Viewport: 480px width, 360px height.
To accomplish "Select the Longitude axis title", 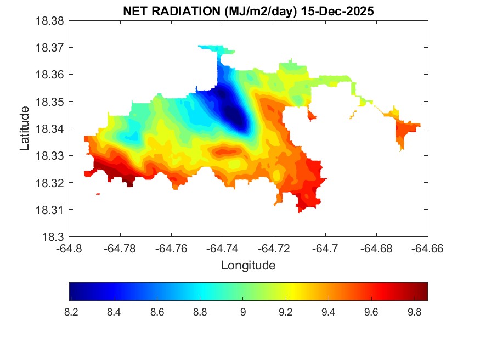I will pyautogui.click(x=248, y=266).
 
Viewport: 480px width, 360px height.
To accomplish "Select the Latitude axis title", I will pyautogui.click(x=25, y=128).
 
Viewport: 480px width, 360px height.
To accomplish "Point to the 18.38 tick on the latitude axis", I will pyautogui.click(x=50, y=21).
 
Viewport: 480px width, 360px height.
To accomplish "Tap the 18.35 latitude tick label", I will pyautogui.click(x=50, y=102).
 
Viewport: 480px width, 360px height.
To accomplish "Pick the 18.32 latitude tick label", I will pyautogui.click(x=50, y=183).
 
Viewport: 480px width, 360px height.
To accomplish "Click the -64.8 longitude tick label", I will pyautogui.click(x=69, y=249).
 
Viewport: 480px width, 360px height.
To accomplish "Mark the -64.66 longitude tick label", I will pyautogui.click(x=428, y=249).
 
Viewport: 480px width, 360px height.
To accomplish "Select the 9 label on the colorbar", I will pyautogui.click(x=242, y=312).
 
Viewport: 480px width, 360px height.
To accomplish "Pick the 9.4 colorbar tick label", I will pyautogui.click(x=329, y=312).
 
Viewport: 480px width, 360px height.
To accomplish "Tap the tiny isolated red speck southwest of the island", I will pyautogui.click(x=98, y=194).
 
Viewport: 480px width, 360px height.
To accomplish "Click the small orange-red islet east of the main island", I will pyautogui.click(x=406, y=132).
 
